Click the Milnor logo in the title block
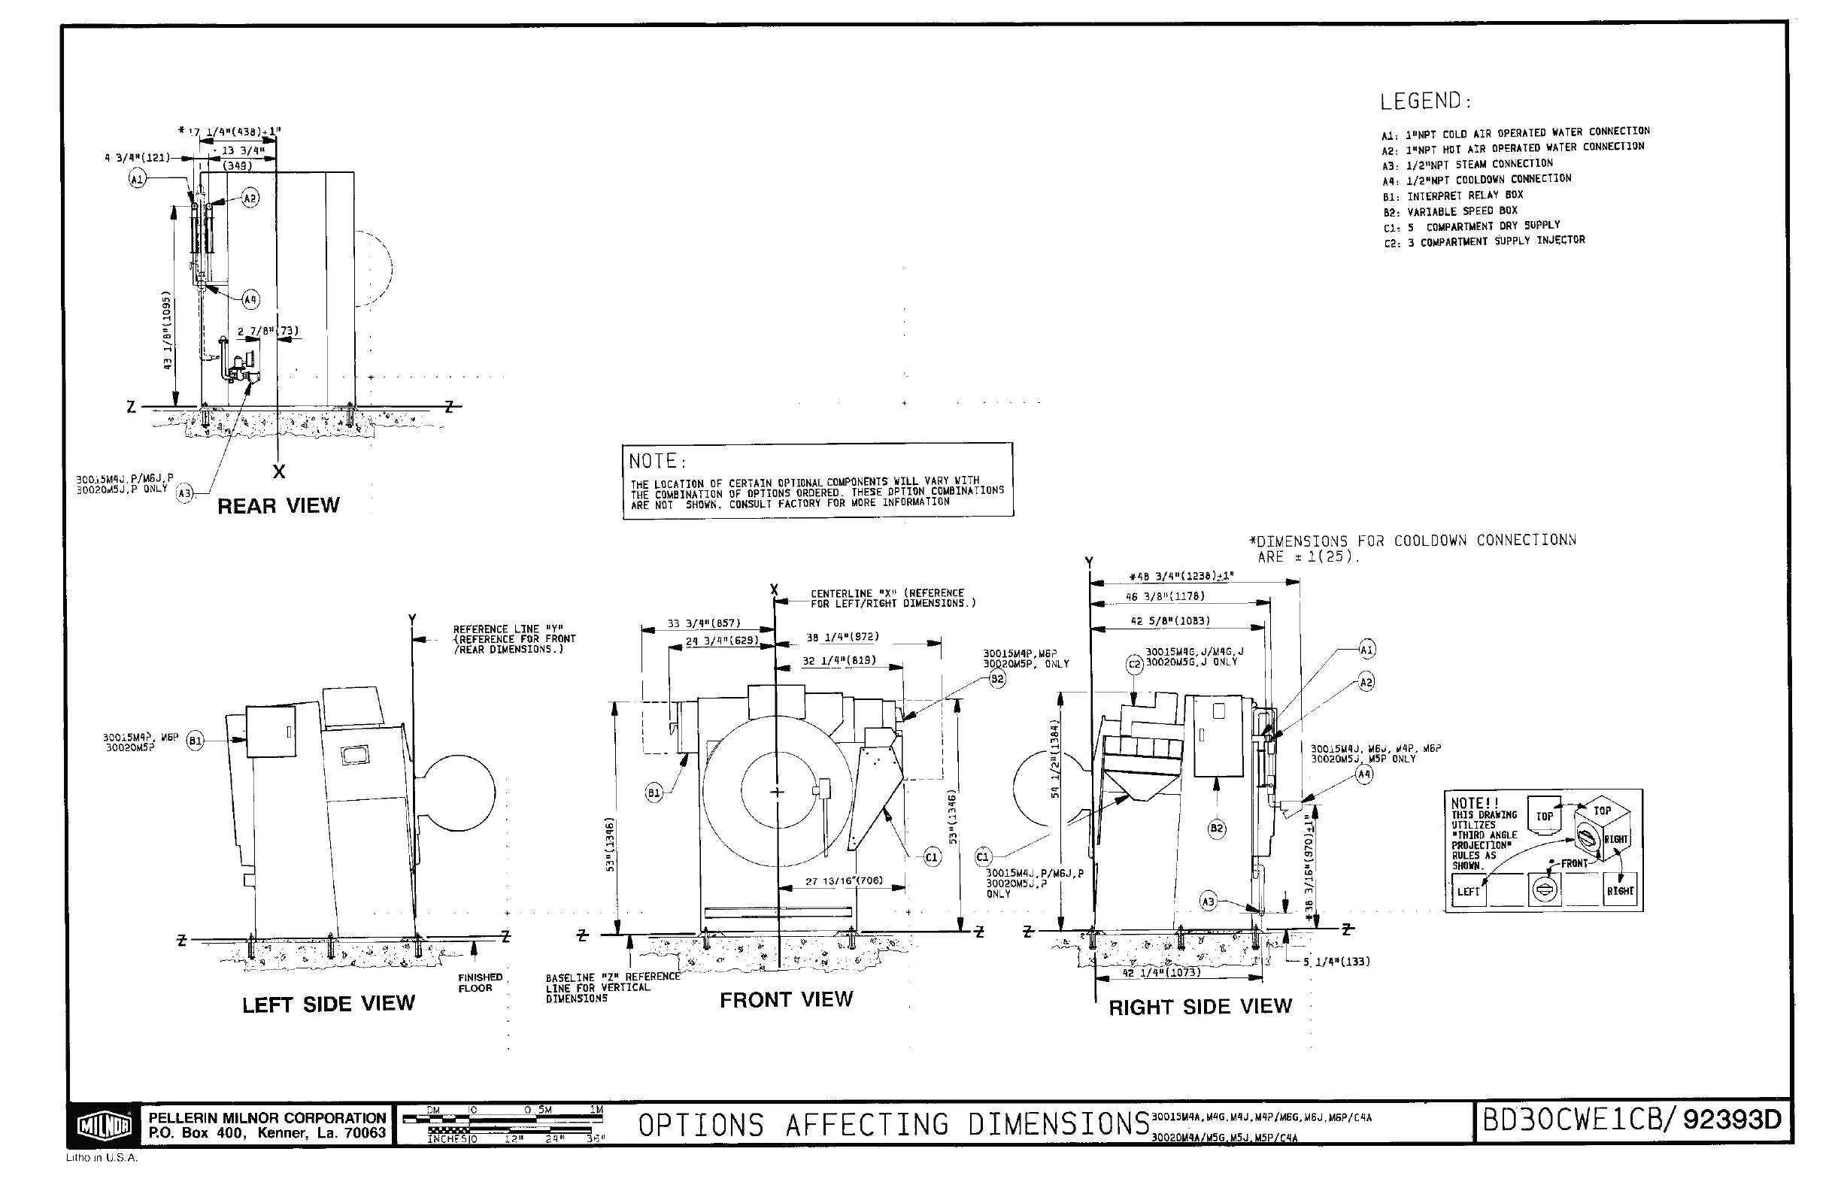coord(105,1126)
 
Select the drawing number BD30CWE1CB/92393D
coord(1631,1120)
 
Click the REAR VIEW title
coord(278,506)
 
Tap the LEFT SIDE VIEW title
coord(329,1004)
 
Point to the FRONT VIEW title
coord(786,1000)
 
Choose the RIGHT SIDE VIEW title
coord(1200,1006)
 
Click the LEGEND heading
coord(1426,102)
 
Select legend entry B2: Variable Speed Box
coord(1451,211)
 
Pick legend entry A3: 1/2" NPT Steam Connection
coord(1467,164)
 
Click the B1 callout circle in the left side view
coord(195,741)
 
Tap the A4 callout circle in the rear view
coord(250,299)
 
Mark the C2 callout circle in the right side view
coord(1134,665)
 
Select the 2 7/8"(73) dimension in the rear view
coord(268,332)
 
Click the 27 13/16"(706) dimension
coord(843,881)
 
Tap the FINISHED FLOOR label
coord(480,982)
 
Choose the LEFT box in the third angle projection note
coord(1468,892)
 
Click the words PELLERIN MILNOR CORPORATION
coord(267,1118)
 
